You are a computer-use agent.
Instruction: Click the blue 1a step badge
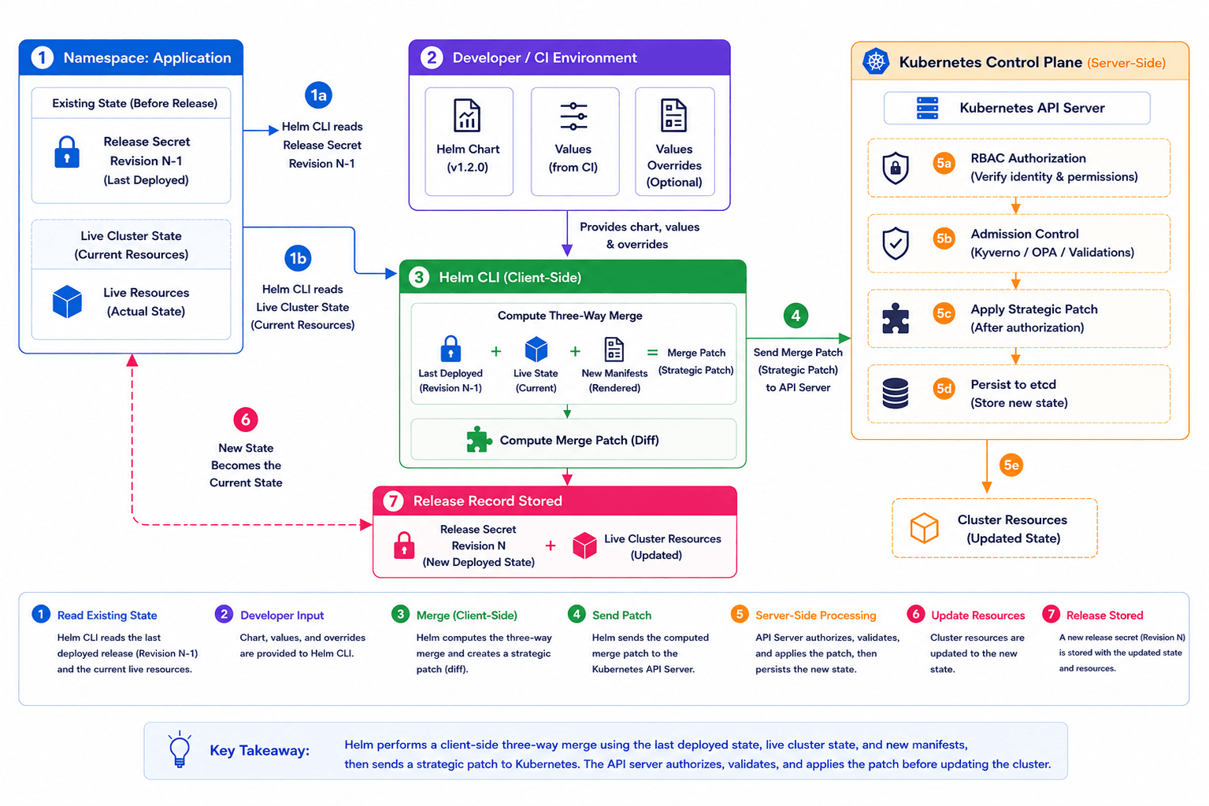[x=318, y=95]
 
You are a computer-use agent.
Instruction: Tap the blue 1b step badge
[x=298, y=258]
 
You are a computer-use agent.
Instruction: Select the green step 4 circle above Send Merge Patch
[x=795, y=316]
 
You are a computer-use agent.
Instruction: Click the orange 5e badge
[x=1011, y=465]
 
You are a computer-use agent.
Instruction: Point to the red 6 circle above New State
[x=246, y=420]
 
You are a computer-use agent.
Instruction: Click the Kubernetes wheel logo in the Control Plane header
[x=876, y=61]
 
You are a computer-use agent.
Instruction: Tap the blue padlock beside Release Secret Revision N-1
[x=67, y=152]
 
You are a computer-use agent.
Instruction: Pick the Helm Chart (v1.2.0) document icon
[x=467, y=116]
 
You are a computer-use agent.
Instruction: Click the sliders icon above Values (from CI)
[x=573, y=116]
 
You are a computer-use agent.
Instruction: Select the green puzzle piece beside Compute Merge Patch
[x=479, y=440]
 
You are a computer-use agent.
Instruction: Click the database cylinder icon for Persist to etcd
[x=896, y=394]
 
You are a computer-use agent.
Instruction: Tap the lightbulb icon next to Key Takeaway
[x=180, y=749]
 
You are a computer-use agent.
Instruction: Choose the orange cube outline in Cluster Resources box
[x=924, y=527]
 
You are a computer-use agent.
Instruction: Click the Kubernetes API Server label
[x=1032, y=108]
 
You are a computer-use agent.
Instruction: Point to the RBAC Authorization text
[x=1028, y=158]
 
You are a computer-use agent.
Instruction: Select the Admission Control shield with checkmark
[x=896, y=242]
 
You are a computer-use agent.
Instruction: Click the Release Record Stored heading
[x=488, y=501]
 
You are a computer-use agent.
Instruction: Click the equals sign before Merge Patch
[x=652, y=353]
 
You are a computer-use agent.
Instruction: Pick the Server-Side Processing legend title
[x=815, y=615]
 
